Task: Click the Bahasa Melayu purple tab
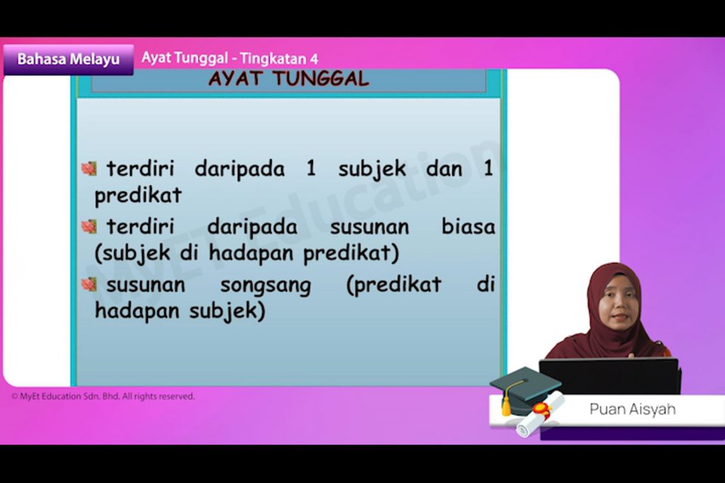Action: click(x=69, y=59)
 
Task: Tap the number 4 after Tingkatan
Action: click(x=314, y=59)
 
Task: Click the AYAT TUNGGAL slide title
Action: click(x=289, y=79)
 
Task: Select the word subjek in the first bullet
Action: click(x=372, y=169)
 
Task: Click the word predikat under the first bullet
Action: click(x=138, y=195)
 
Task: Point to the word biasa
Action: click(x=468, y=227)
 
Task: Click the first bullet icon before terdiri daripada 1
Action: click(x=89, y=168)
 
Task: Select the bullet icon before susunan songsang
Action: click(x=89, y=284)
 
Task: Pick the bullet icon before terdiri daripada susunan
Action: click(x=89, y=227)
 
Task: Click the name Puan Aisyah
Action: click(x=632, y=409)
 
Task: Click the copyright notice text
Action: click(x=103, y=396)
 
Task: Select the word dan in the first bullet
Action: click(x=445, y=169)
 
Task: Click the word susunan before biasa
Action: click(x=370, y=227)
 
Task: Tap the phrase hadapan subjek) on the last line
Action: click(x=181, y=310)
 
